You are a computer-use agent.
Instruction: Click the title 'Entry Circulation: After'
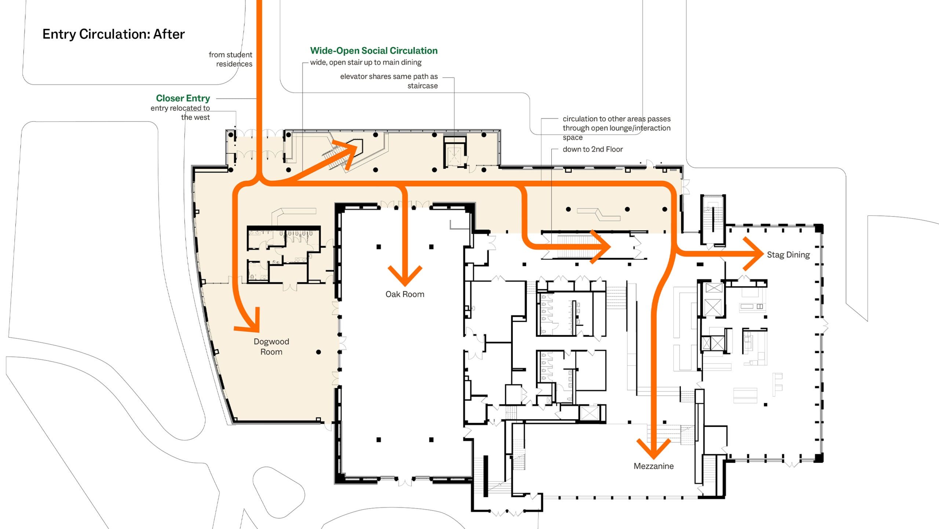click(x=114, y=34)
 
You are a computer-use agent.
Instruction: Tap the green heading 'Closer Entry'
click(x=183, y=98)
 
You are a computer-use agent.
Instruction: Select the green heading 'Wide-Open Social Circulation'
click(x=374, y=51)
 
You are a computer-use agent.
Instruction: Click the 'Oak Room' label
click(x=405, y=294)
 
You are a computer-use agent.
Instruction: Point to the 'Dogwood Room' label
click(x=271, y=347)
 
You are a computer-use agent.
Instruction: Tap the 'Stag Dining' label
click(x=788, y=255)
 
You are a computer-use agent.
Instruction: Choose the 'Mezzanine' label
click(x=654, y=466)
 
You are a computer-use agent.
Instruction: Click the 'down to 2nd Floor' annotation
click(x=593, y=149)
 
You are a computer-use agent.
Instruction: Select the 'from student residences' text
click(x=230, y=59)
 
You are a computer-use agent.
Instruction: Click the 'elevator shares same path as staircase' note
click(x=389, y=81)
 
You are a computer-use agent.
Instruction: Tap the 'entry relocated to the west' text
click(x=180, y=113)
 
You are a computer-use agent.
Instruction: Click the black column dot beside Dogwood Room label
click(x=318, y=352)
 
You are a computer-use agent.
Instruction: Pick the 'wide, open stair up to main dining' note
click(x=366, y=62)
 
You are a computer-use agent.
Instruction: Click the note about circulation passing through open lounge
click(x=617, y=128)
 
